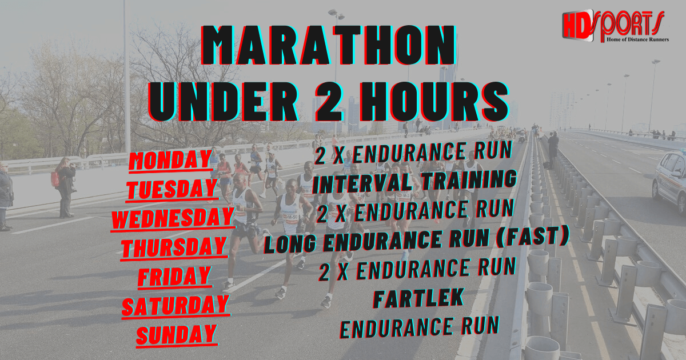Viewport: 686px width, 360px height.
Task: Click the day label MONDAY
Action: [x=170, y=161]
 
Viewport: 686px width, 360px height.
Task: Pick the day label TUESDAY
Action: [x=173, y=189]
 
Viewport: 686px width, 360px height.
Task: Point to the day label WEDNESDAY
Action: [x=173, y=218]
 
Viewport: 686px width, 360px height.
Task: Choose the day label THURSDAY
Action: [x=174, y=247]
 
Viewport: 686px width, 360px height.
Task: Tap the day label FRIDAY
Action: [x=174, y=276]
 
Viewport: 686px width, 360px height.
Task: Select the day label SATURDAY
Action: [x=175, y=305]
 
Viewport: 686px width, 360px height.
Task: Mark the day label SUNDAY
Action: [x=176, y=334]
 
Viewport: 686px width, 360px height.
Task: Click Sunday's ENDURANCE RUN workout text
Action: [x=419, y=327]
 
